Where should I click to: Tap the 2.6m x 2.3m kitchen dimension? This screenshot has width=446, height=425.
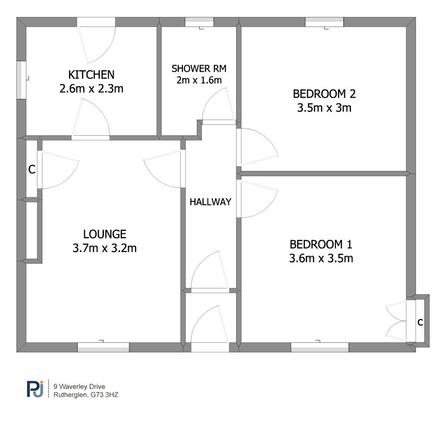91,89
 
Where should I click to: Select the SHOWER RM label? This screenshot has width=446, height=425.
199,68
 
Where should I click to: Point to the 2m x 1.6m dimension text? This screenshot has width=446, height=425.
199,80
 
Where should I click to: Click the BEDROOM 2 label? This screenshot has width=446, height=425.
321,94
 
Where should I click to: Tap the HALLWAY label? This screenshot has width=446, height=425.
210,202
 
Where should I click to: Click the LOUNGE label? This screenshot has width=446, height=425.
105,234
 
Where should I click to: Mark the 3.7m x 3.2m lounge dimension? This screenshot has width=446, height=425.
105,249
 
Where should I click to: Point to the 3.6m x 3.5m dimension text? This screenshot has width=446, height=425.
321,258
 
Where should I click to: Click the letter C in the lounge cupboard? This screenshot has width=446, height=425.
31,170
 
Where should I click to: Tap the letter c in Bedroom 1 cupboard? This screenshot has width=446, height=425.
420,322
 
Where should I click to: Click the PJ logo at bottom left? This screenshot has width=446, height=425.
35,389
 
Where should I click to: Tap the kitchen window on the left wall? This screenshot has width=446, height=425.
21,79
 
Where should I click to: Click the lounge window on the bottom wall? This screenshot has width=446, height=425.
103,347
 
